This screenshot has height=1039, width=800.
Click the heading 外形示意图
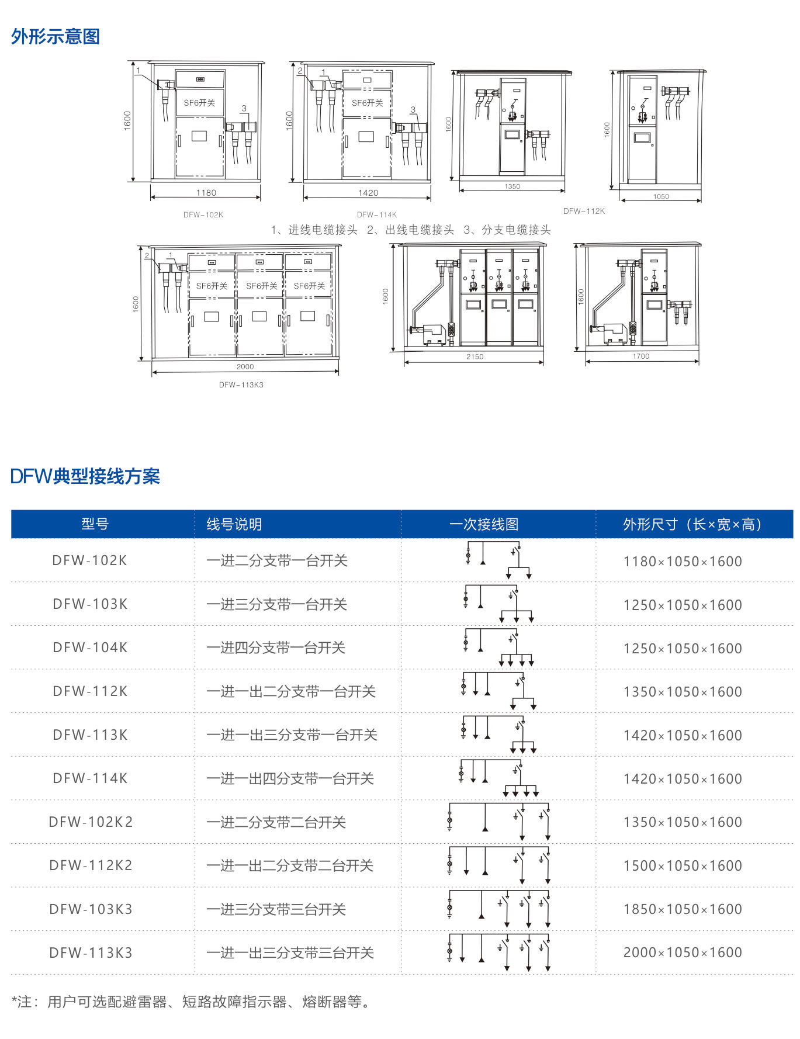pos(56,37)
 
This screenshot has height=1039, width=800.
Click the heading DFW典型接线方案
pos(85,476)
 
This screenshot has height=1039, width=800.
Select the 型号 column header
pos(95,524)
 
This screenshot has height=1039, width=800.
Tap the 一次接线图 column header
pos(484,524)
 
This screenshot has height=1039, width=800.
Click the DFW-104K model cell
pos(90,647)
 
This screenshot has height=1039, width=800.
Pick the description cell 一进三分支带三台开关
pos(276,909)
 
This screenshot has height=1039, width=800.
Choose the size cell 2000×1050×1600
pos(683,953)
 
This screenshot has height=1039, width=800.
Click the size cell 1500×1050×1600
pos(683,865)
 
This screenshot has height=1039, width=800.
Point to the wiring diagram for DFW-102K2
pos(499,822)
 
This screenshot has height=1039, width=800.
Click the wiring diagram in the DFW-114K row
pos(498,778)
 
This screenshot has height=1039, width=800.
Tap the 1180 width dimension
pos(206,193)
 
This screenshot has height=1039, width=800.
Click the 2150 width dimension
pos(475,356)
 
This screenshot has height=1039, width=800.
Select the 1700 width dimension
pos(640,356)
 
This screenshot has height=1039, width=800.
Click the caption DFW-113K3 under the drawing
pos(241,385)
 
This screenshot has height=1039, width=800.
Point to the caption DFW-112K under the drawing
pos(584,211)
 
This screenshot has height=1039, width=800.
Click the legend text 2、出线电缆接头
pos(410,230)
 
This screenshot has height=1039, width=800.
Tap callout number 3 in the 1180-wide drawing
pos(244,109)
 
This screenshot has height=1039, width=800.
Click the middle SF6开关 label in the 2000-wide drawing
pos(261,286)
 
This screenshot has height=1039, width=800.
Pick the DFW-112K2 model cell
pos(91,865)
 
